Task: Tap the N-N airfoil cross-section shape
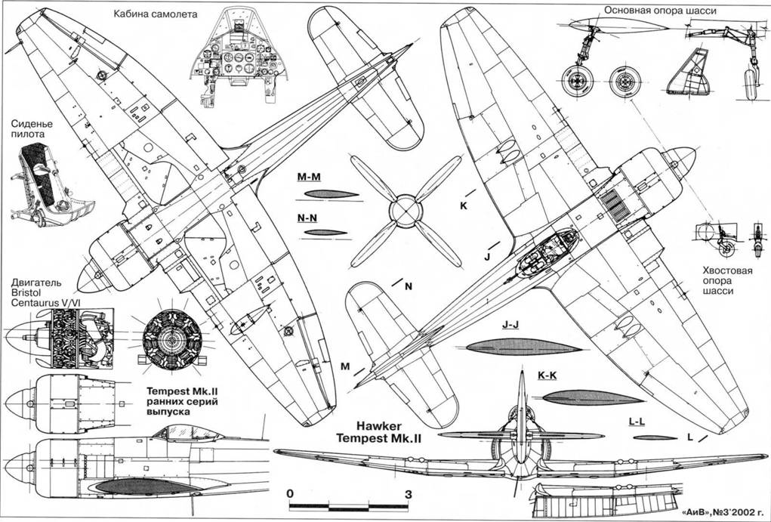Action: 322,232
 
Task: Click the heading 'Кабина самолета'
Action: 154,14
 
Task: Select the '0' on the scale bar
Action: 291,493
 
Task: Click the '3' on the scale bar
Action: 409,493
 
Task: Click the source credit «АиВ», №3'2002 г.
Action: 717,511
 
